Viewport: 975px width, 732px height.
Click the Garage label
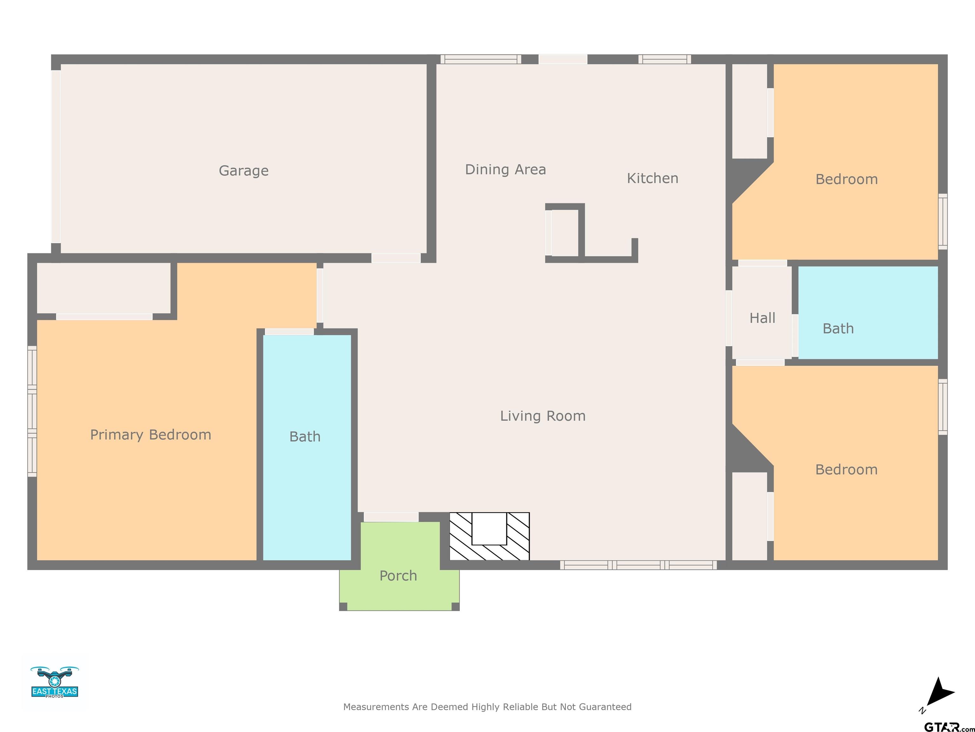[244, 171]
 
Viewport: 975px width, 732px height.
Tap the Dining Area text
[506, 169]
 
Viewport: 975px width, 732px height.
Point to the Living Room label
[543, 416]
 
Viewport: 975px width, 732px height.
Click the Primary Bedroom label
[151, 435]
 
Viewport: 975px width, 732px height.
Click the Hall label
[763, 318]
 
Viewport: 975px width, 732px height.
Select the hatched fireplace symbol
[489, 536]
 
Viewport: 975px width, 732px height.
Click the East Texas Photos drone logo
[55, 682]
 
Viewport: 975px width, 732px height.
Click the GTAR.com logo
[949, 726]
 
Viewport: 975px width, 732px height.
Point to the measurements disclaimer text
[487, 707]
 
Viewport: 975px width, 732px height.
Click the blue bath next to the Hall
[868, 313]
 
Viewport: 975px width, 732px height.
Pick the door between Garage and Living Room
[396, 258]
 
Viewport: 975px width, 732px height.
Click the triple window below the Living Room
[638, 565]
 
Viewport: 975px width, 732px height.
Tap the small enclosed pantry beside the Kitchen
[565, 233]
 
